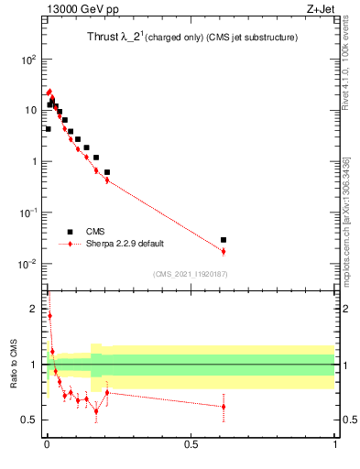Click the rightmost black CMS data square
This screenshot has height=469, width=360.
pyautogui.click(x=224, y=240)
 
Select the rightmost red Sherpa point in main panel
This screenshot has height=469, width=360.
pyautogui.click(x=224, y=251)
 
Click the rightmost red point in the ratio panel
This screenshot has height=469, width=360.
pyautogui.click(x=224, y=407)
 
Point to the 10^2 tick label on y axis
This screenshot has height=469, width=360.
pyautogui.click(x=28, y=60)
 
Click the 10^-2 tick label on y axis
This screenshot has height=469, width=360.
pyautogui.click(x=28, y=264)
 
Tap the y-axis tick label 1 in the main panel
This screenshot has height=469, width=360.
pyautogui.click(x=33, y=162)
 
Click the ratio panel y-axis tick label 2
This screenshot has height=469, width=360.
pyautogui.click(x=34, y=309)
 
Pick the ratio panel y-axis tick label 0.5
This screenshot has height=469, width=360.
pyautogui.click(x=29, y=420)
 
